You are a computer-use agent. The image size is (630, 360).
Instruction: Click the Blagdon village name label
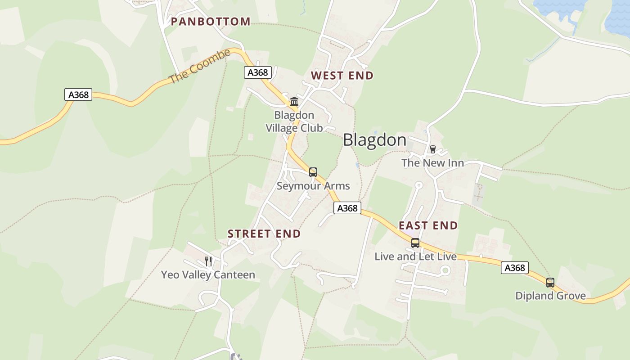click(374, 140)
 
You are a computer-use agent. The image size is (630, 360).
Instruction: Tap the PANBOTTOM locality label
click(210, 22)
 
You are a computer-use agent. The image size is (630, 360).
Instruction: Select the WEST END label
click(342, 76)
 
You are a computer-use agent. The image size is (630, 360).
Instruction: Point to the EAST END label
click(428, 225)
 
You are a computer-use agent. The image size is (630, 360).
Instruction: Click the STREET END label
click(264, 234)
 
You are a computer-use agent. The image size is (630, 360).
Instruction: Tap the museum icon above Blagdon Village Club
click(294, 101)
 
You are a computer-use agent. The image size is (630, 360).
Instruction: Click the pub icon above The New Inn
click(432, 149)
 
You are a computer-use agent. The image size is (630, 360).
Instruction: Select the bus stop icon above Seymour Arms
click(313, 172)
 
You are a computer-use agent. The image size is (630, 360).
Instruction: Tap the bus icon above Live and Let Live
click(415, 243)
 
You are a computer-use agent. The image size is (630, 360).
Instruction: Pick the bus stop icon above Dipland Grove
click(550, 283)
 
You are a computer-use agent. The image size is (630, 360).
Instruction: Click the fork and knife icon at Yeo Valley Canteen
click(208, 261)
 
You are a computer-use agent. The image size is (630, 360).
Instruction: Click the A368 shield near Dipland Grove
click(514, 268)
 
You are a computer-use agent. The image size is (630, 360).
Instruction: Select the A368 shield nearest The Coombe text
click(258, 72)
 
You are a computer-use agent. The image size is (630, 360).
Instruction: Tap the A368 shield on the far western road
click(78, 94)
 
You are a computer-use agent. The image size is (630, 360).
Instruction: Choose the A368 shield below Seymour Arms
click(347, 208)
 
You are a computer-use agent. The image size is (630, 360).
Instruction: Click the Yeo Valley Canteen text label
click(208, 275)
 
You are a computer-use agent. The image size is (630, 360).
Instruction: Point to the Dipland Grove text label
click(550, 296)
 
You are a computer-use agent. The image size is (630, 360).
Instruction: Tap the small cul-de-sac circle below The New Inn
click(418, 185)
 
